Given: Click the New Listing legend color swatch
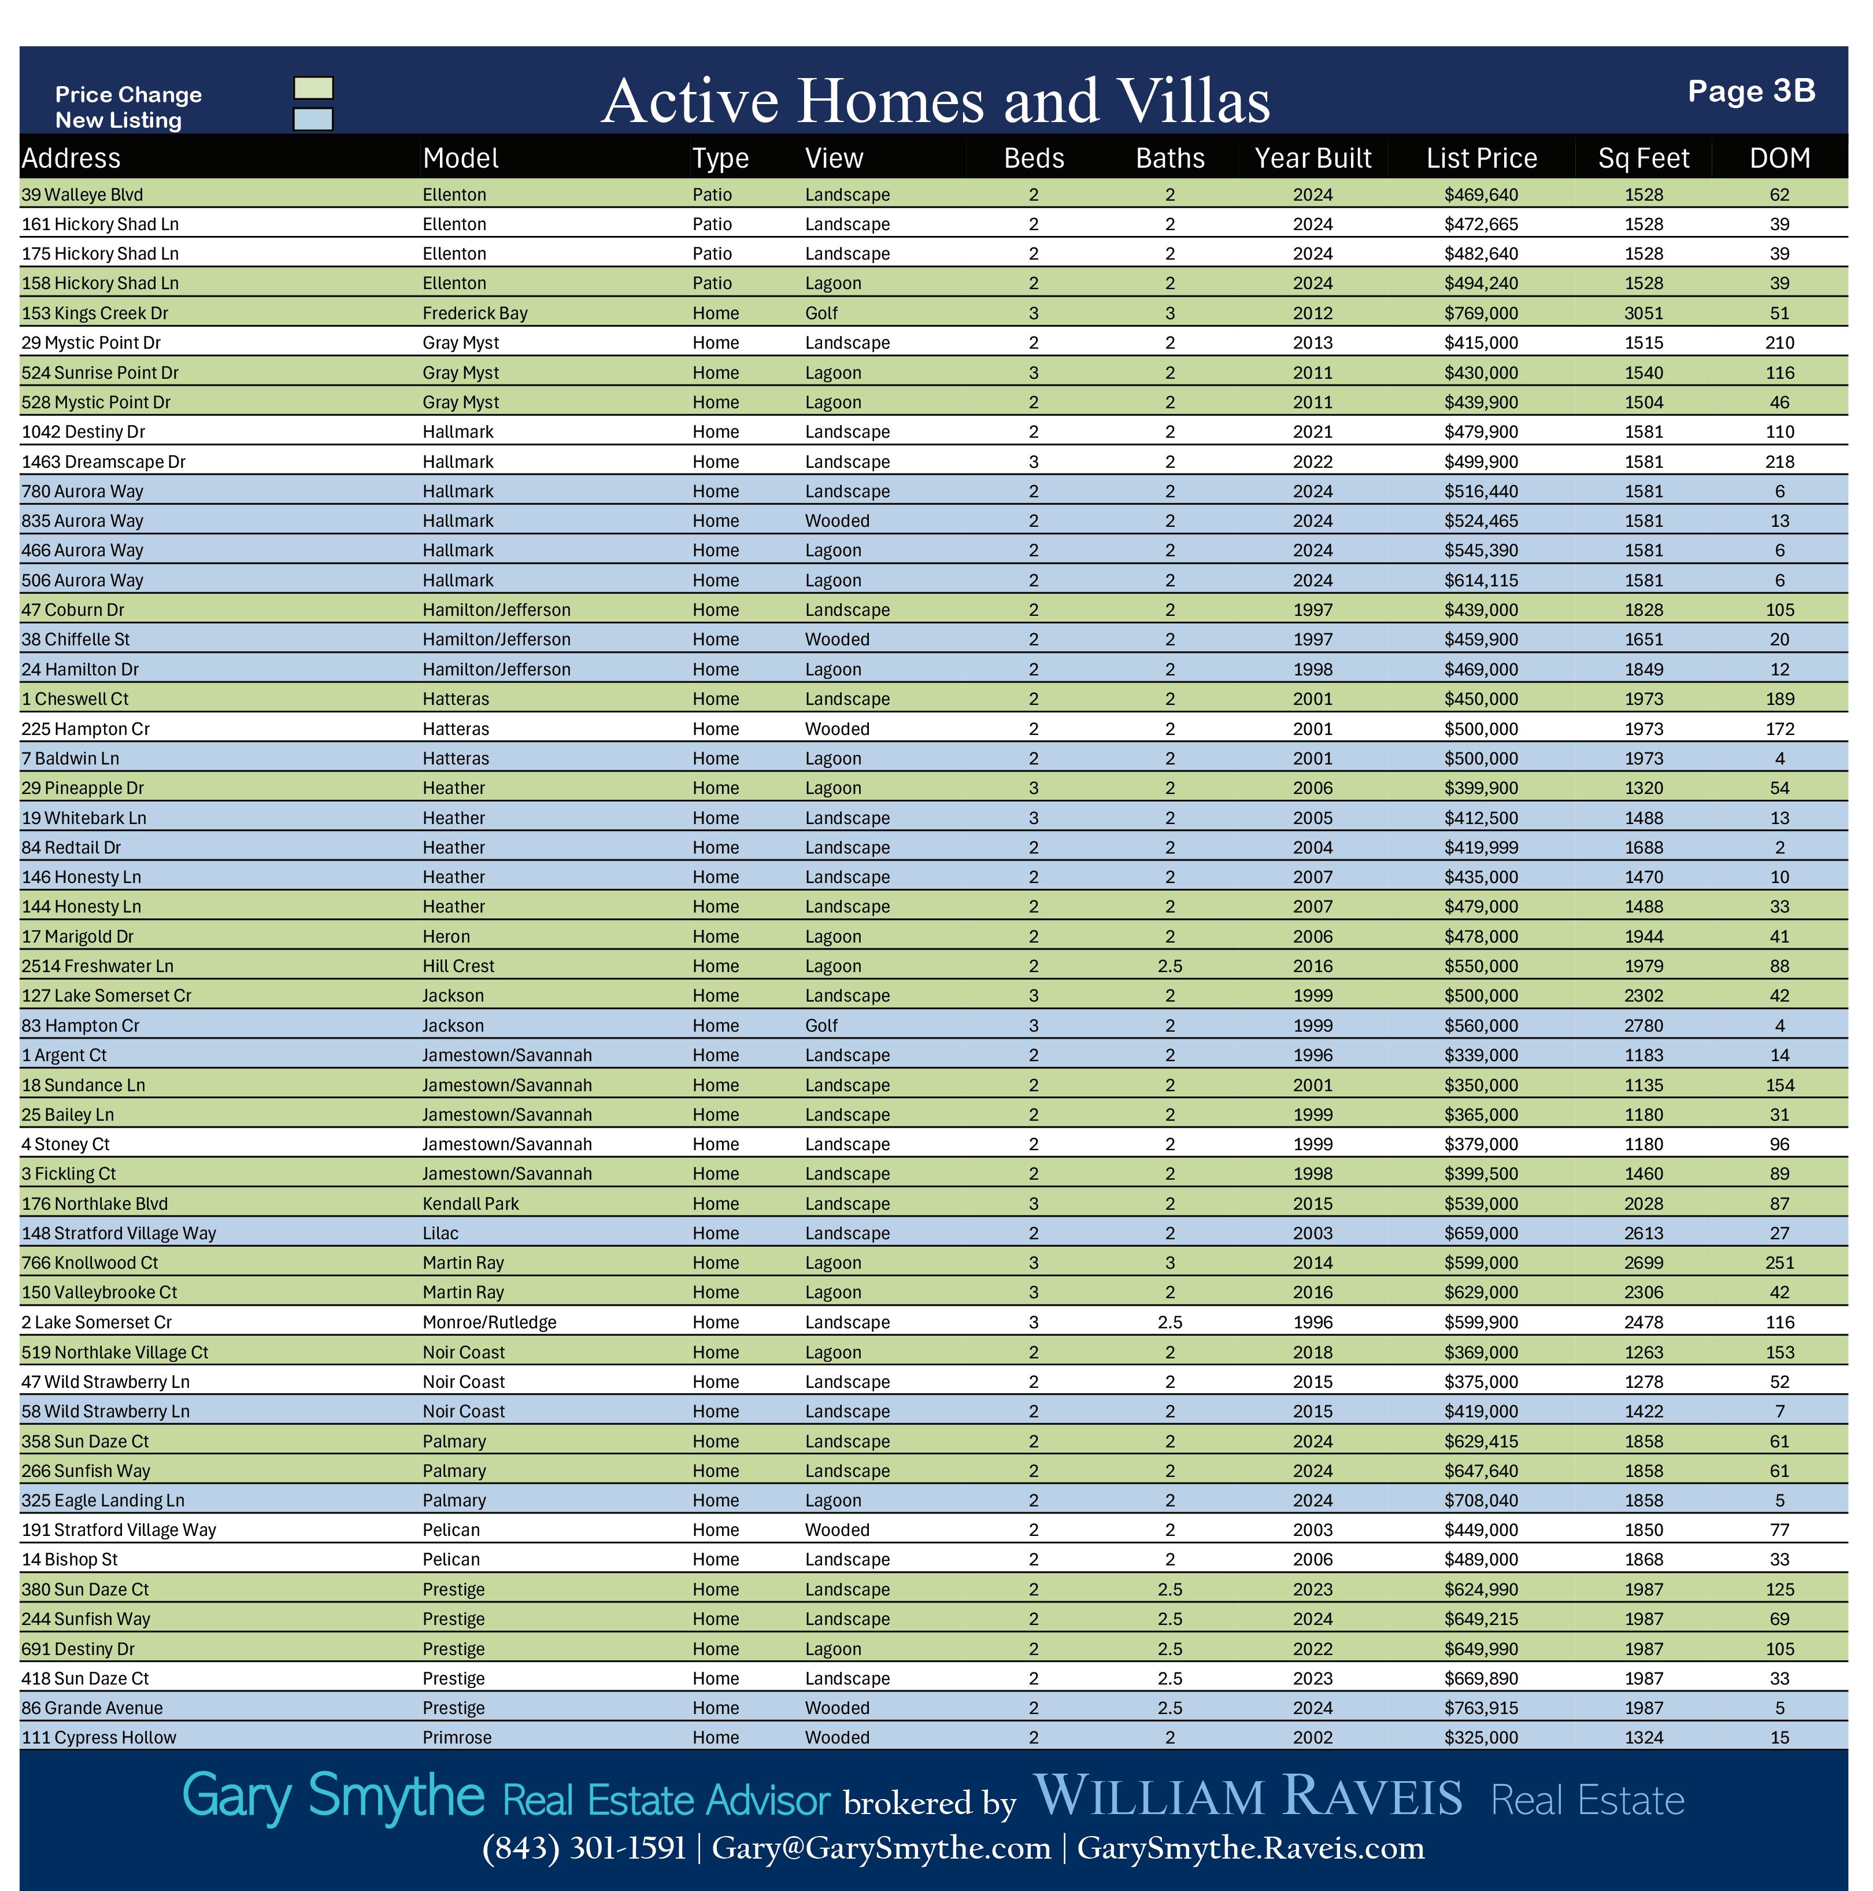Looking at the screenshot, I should tap(313, 119).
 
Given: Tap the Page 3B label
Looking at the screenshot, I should tap(1750, 91).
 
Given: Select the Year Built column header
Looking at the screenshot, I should tap(1312, 158).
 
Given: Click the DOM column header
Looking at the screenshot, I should tap(1779, 158).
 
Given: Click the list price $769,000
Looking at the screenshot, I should tap(1480, 313).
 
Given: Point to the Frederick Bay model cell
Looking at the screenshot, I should tap(475, 313).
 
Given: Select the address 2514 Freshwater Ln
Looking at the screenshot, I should tap(98, 966).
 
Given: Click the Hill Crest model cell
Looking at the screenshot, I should tap(458, 966).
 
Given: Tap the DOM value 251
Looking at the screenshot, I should tap(1779, 1262).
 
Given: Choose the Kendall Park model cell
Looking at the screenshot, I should tap(471, 1204).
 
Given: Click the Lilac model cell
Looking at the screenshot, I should tap(441, 1233).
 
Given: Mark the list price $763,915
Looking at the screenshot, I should tap(1480, 1708).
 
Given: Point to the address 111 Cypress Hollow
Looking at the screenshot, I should tap(99, 1737).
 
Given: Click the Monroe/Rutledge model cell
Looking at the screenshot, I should tap(489, 1323).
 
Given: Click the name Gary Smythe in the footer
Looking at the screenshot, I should tap(333, 1796).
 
